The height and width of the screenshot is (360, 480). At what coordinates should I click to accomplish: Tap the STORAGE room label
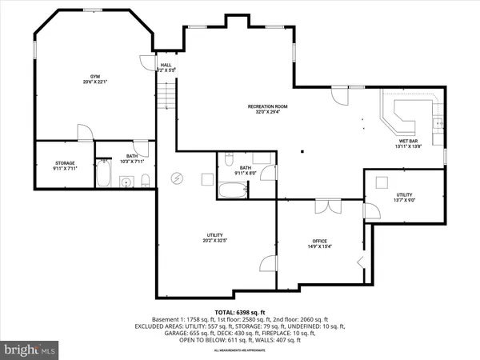[x=54, y=163]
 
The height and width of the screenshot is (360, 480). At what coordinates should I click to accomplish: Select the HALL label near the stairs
[x=166, y=65]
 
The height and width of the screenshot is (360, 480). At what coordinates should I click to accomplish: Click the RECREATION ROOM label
[x=267, y=106]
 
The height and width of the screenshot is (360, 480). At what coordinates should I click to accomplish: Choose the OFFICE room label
[x=319, y=241]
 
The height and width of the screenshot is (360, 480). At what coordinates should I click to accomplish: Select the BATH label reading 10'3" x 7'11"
[x=132, y=157]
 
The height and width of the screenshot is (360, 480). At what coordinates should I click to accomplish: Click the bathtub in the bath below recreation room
[x=234, y=192]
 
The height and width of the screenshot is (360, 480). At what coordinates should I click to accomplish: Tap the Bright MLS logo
[x=30, y=350]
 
